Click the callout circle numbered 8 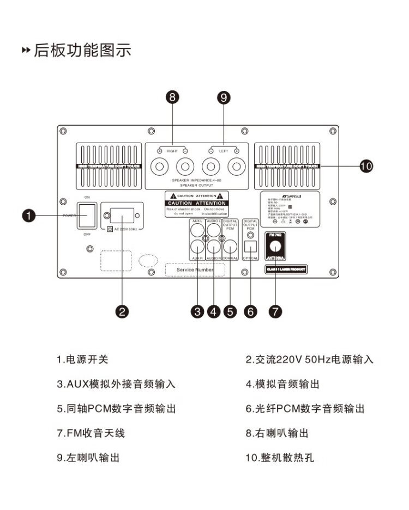tap(173, 97)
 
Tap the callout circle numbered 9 tap(223, 97)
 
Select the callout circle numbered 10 tap(366, 166)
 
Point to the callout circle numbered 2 tap(123, 311)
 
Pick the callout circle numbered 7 tap(275, 311)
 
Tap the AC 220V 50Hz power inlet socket tap(122, 216)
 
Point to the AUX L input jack tap(197, 230)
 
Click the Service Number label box tap(196, 270)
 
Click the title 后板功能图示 tap(82, 51)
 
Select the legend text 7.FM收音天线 tap(91, 433)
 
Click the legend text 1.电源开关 tap(83, 359)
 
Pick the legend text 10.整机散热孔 tap(280, 458)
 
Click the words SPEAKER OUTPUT tap(193, 185)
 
